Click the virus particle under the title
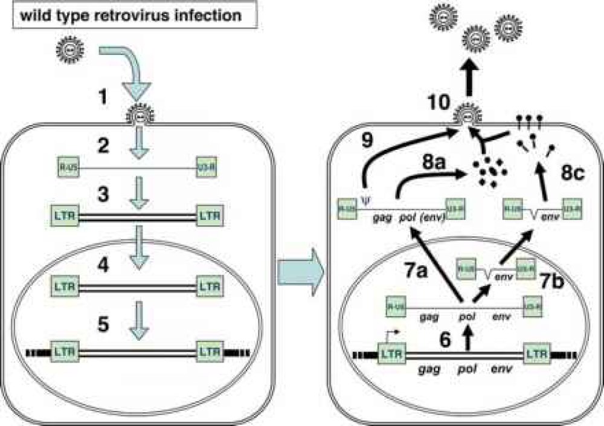67,47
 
